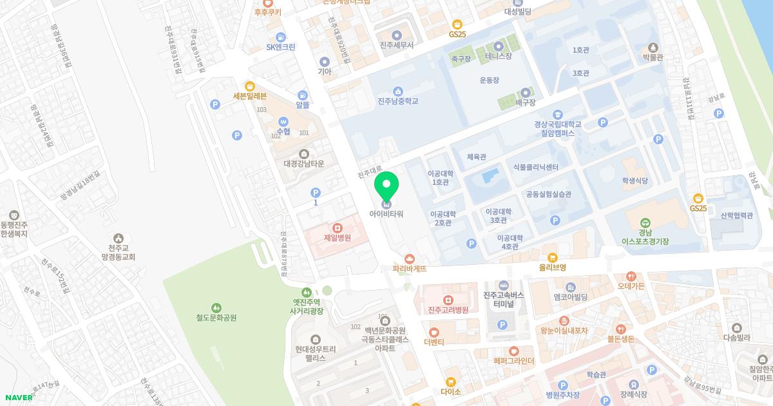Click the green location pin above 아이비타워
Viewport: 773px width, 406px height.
pyautogui.click(x=386, y=186)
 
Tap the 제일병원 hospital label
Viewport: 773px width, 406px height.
pyautogui.click(x=337, y=238)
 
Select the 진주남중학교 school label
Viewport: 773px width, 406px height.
pyautogui.click(x=397, y=101)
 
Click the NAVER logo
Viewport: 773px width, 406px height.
pyautogui.click(x=18, y=397)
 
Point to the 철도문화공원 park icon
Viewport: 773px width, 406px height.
pyautogui.click(x=216, y=307)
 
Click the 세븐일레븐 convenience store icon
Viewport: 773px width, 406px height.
pyautogui.click(x=249, y=86)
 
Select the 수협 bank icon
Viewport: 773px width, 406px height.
pyautogui.click(x=282, y=121)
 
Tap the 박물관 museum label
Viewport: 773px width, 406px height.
pyautogui.click(x=653, y=57)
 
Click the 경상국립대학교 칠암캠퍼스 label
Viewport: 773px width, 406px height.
pyautogui.click(x=557, y=129)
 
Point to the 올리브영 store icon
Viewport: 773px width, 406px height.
pyautogui.click(x=552, y=257)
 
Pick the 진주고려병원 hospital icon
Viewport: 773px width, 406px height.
pyautogui.click(x=448, y=300)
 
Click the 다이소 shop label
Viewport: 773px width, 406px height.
pyautogui.click(x=450, y=392)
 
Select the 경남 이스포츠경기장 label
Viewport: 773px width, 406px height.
pyautogui.click(x=645, y=237)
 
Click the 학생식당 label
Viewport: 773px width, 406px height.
pyautogui.click(x=635, y=181)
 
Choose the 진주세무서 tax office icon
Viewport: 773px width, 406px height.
pyautogui.click(x=396, y=35)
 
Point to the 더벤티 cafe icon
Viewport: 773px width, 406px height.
pyautogui.click(x=434, y=332)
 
